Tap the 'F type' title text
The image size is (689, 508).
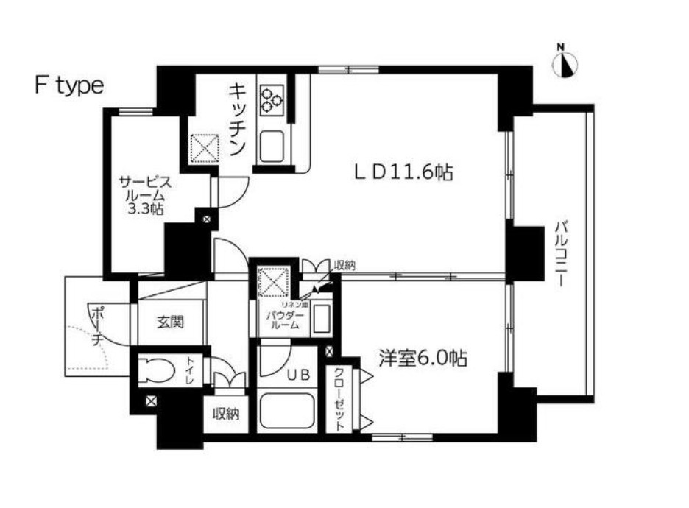pyautogui.click(x=69, y=86)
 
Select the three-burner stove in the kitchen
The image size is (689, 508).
pyautogui.click(x=272, y=100)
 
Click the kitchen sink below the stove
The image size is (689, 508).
pyautogui.click(x=271, y=147)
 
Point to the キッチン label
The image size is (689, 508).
pyautogui.click(x=237, y=119)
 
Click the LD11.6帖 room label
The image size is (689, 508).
pyautogui.click(x=403, y=172)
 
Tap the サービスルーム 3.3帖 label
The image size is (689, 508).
pyautogui.click(x=146, y=195)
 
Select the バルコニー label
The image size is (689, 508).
pyautogui.click(x=561, y=254)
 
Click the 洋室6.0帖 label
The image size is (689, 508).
pyautogui.click(x=423, y=359)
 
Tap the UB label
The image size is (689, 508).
pyautogui.click(x=299, y=375)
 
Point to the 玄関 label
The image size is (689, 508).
pyautogui.click(x=171, y=322)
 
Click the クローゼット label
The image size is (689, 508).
pyautogui.click(x=339, y=398)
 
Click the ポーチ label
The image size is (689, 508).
pyautogui.click(x=98, y=326)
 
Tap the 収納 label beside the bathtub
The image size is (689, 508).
pyautogui.click(x=226, y=413)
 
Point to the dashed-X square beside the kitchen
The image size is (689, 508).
pyautogui.click(x=205, y=147)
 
